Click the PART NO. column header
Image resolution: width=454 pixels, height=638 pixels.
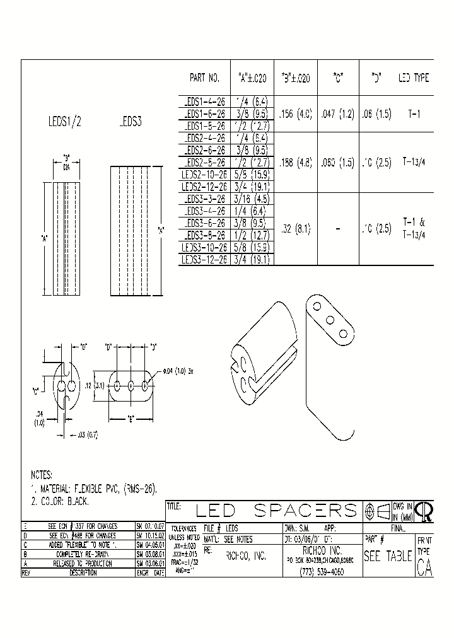204,79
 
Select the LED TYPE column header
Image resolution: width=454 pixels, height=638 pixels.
413,79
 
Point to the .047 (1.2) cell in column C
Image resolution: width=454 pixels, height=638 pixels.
338,115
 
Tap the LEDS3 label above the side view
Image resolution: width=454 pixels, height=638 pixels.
130,124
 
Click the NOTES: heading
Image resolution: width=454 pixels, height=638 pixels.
42,475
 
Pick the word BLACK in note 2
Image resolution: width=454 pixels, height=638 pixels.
76,502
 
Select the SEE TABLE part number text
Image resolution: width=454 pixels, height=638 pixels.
387,557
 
